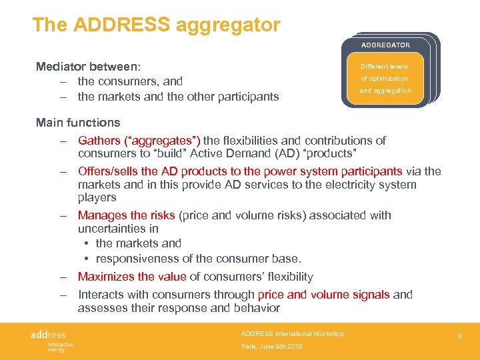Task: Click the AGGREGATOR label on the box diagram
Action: pos(385,45)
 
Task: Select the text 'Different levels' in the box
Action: pos(384,67)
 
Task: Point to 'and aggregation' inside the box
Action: pos(385,91)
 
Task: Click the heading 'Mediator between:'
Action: pos(88,67)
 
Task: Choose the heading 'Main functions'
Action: pos(78,123)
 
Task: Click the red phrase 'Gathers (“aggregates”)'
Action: pos(139,141)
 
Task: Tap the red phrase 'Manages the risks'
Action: pos(126,215)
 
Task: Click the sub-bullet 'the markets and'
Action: pos(138,243)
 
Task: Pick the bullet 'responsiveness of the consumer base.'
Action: pos(198,259)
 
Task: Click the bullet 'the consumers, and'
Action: pos(130,81)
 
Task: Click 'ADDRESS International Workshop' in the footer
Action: pos(292,333)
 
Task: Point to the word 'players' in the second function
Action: pos(97,197)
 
